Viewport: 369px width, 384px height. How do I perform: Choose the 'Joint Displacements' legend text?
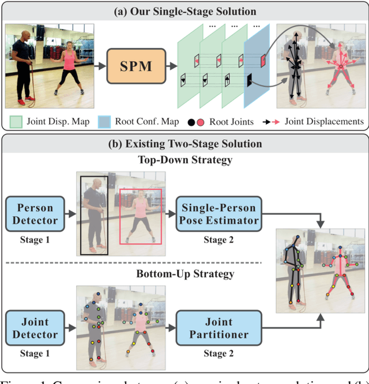[328, 121]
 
